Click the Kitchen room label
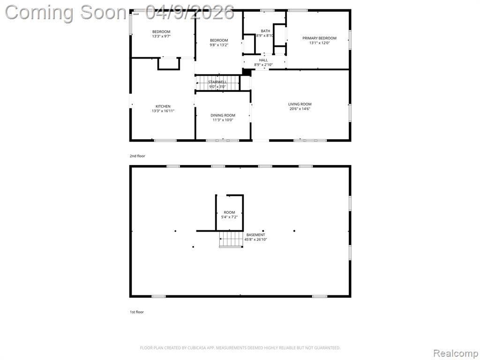point(163,106)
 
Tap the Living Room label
point(300,104)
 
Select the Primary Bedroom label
point(319,38)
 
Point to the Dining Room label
point(223,115)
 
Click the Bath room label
point(265,31)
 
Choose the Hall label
point(263,60)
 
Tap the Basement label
point(255,235)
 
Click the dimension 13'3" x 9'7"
point(161,36)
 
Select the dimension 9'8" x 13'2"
point(219,45)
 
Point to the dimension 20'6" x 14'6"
point(300,109)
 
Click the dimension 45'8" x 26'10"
point(255,240)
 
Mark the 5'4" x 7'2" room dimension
point(229,217)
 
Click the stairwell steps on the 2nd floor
point(217,83)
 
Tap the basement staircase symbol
point(231,239)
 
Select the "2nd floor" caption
point(137,156)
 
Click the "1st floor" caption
point(136,312)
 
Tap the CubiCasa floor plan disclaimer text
point(240,348)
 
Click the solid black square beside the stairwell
point(247,72)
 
